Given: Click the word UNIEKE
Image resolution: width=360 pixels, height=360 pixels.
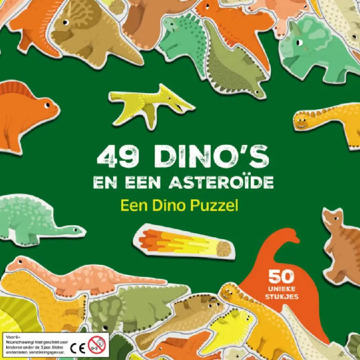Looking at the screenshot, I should pyautogui.click(x=282, y=288).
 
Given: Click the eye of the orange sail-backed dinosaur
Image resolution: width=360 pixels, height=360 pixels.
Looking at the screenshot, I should pyautogui.click(x=47, y=105).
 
